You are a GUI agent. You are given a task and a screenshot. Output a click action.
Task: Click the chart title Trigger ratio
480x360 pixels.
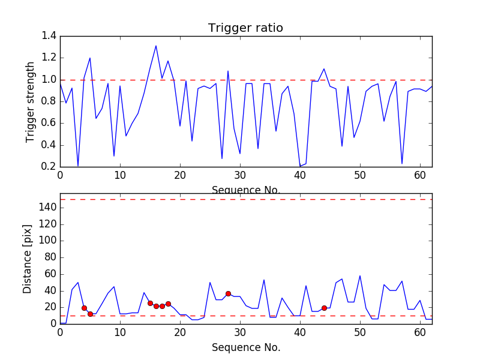(245, 28)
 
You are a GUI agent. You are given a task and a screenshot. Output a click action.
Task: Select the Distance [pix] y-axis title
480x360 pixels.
(28, 259)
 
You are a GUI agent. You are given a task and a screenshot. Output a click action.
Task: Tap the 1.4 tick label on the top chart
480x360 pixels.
(49, 36)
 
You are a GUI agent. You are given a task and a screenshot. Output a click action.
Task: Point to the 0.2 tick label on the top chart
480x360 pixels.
(49, 166)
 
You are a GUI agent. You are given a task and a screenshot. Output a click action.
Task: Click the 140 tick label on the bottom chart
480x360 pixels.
(48, 208)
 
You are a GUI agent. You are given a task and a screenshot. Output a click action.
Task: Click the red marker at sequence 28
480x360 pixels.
(228, 293)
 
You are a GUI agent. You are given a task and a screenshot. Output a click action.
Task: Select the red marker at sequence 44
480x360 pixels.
(324, 308)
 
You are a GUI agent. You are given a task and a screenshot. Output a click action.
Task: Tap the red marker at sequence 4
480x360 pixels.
(84, 308)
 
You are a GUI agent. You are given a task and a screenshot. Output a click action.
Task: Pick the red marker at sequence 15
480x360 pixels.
(150, 303)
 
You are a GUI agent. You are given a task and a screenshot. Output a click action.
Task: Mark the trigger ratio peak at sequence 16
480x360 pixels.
(156, 46)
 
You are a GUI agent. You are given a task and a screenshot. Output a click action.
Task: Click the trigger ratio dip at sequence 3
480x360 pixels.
(78, 166)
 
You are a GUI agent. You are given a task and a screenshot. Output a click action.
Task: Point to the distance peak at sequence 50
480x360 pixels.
(360, 276)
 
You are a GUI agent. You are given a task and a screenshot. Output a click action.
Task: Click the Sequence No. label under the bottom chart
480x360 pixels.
(245, 347)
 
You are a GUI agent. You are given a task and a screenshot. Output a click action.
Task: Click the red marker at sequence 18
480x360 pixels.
(168, 304)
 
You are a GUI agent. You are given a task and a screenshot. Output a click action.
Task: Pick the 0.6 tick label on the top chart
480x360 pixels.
(49, 123)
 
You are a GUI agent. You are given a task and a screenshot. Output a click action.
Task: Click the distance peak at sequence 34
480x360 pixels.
(264, 280)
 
